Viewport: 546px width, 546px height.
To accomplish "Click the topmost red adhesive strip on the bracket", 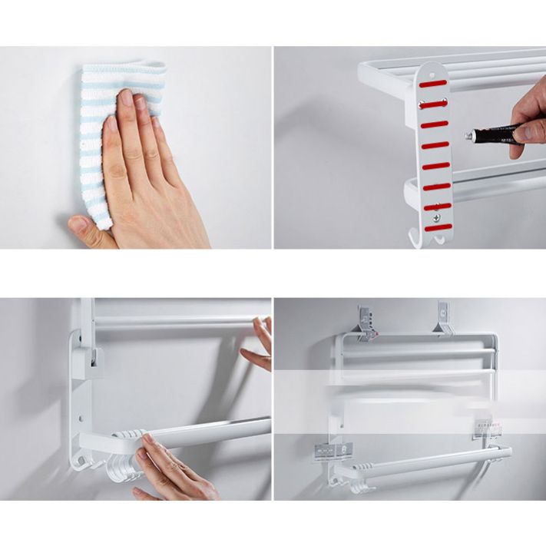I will [x=433, y=82].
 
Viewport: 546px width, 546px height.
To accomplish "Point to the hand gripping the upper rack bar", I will [x=257, y=344].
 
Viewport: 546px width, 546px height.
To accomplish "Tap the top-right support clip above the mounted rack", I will [x=443, y=319].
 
